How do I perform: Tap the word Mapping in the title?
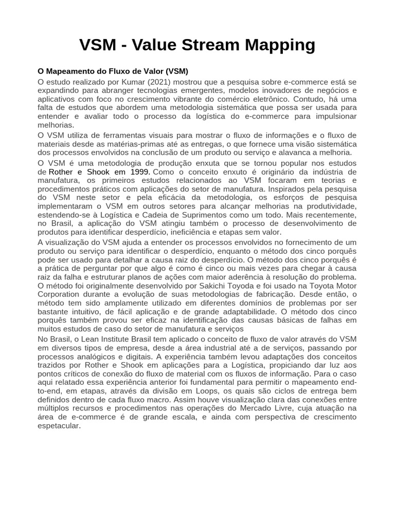click(281, 45)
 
